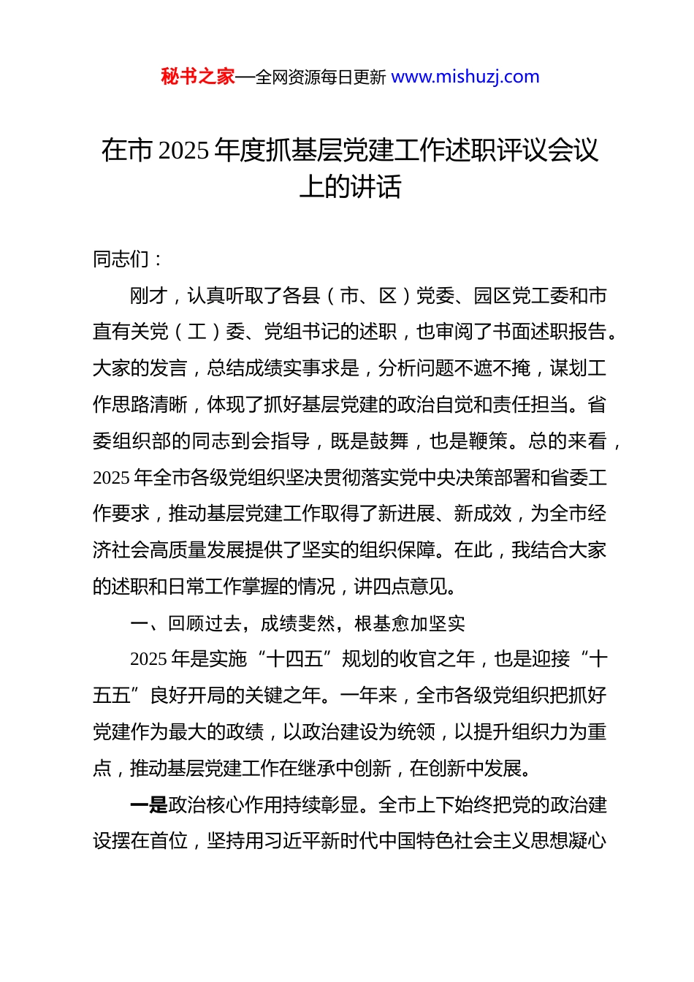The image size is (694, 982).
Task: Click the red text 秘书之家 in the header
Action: click(x=198, y=77)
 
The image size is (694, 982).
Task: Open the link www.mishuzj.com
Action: click(x=465, y=77)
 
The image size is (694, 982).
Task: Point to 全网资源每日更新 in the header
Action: click(x=321, y=77)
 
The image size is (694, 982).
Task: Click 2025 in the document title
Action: click(x=183, y=151)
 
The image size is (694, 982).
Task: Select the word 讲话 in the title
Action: click(x=375, y=187)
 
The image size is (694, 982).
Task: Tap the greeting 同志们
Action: click(x=121, y=259)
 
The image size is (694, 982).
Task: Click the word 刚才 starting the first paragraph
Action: click(x=149, y=296)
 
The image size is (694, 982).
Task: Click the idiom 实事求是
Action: click(x=321, y=368)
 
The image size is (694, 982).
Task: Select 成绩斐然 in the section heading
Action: click(x=298, y=623)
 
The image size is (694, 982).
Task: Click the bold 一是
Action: click(x=149, y=805)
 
